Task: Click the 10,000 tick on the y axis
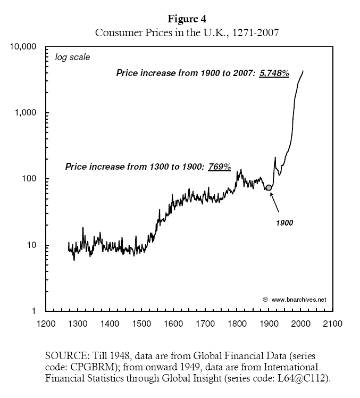pyautogui.click(x=23, y=47)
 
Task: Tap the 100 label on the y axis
pyautogui.click(x=30, y=179)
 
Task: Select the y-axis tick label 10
pyautogui.click(x=32, y=245)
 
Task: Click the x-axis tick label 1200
pyautogui.click(x=46, y=324)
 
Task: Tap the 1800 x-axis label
pyautogui.click(x=238, y=324)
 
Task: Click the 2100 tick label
pyautogui.click(x=333, y=324)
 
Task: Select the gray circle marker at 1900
pyautogui.click(x=269, y=187)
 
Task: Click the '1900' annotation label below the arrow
pyautogui.click(x=284, y=223)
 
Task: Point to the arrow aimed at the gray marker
pyautogui.click(x=276, y=202)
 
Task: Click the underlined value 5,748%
pyautogui.click(x=274, y=74)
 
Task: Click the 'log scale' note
pyautogui.click(x=72, y=57)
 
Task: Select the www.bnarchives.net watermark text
pyautogui.click(x=298, y=300)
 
